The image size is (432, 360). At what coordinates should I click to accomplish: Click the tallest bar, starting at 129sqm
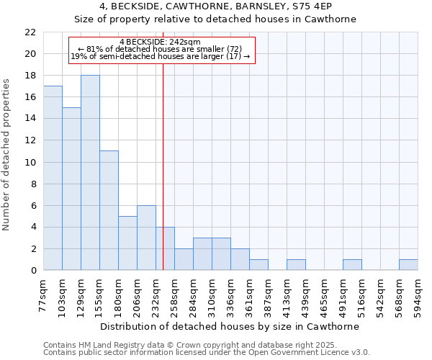point(90,173)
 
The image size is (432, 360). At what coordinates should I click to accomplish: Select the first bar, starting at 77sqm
point(53,179)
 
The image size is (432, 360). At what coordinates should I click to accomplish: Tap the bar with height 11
point(109,210)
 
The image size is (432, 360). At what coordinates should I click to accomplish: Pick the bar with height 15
point(71,189)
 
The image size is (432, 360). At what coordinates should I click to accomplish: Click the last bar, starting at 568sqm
point(408,265)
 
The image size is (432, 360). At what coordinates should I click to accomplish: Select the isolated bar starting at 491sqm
point(352,265)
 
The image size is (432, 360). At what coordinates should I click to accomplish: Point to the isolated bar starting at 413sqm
point(296,265)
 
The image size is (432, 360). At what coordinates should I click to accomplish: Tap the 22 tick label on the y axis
point(30,32)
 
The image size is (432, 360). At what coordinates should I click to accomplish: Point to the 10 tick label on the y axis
point(30,162)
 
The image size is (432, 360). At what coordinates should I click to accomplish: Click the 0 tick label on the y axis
point(32,271)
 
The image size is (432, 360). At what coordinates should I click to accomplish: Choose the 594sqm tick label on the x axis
point(418,294)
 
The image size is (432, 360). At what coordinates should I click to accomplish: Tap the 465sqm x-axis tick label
point(325,294)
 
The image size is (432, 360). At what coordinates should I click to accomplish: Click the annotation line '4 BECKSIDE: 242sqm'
point(160,42)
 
